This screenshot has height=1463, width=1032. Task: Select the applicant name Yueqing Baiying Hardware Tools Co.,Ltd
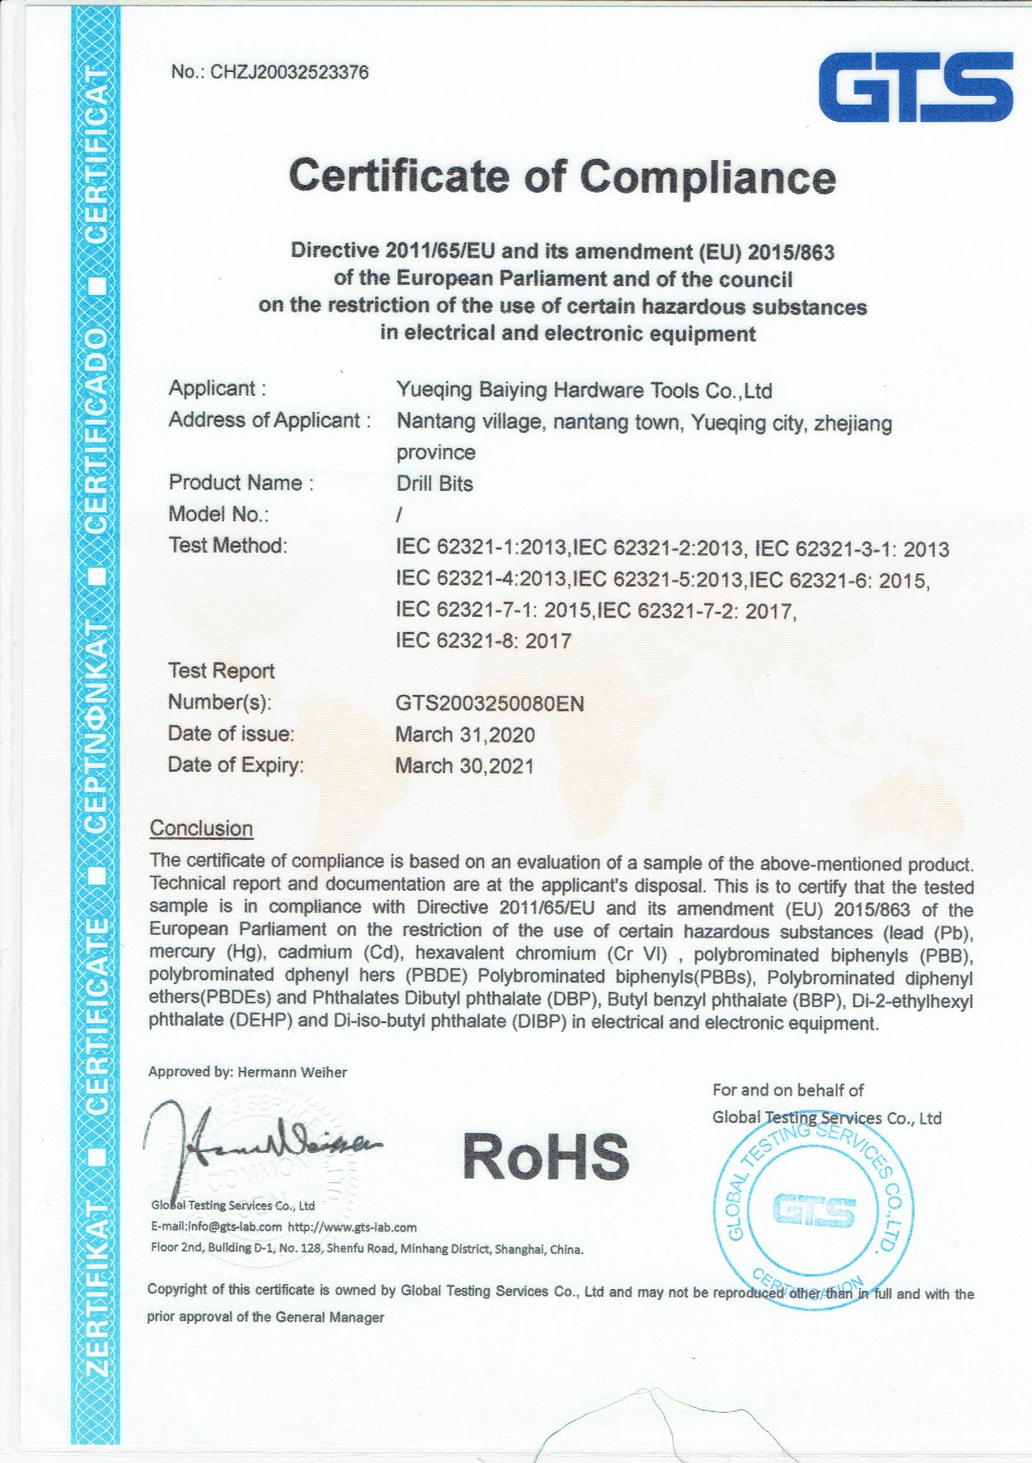[x=584, y=390]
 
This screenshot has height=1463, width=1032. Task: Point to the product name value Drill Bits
[x=434, y=484]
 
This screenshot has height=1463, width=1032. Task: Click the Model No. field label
[x=218, y=514]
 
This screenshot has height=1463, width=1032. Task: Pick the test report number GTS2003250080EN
[x=490, y=704]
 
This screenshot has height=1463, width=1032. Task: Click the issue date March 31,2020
[x=465, y=735]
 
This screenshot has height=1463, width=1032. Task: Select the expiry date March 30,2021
[x=464, y=766]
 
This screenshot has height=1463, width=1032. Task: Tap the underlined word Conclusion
[x=201, y=829]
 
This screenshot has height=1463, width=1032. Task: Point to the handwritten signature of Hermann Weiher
[x=255, y=1147]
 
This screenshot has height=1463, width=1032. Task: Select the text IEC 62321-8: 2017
[x=483, y=640]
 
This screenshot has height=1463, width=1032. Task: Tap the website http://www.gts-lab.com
[x=352, y=1227]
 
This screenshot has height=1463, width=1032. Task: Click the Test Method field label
[x=228, y=546]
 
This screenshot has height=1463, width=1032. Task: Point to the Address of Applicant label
[x=269, y=420]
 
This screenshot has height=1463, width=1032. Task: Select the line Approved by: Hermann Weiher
[x=247, y=1072]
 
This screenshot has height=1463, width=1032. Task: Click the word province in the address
[x=436, y=452]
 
